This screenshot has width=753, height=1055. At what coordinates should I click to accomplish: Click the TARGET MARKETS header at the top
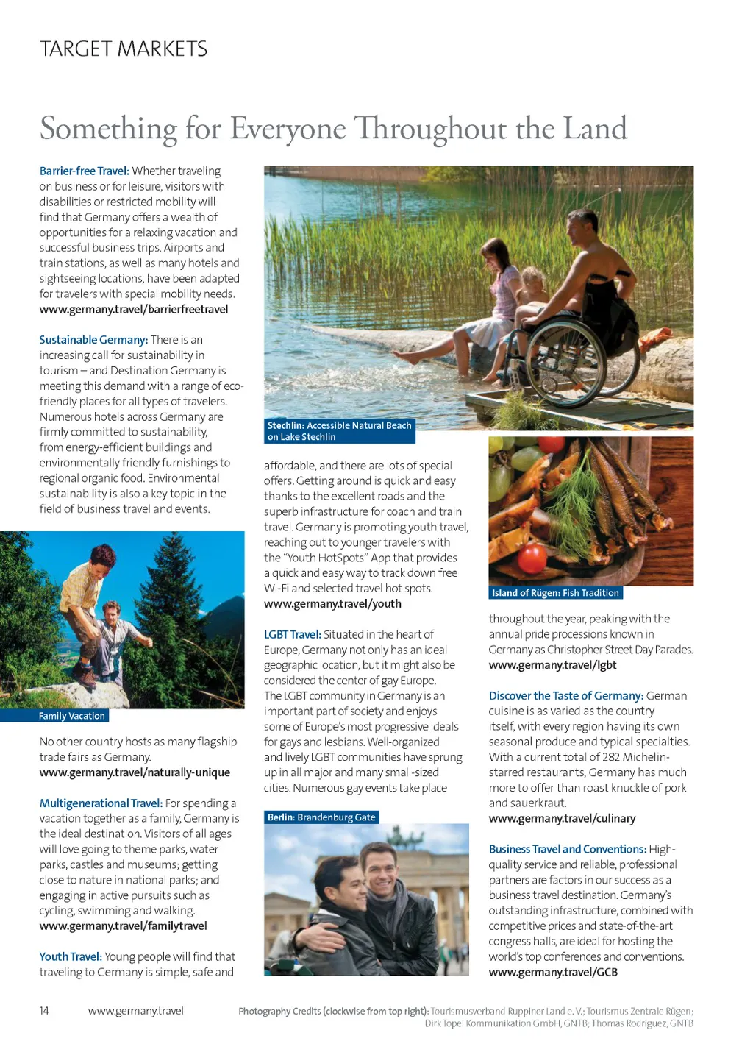[124, 49]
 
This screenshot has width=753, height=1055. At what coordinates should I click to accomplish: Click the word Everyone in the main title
[288, 129]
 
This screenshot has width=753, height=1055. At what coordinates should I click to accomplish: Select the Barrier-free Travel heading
[84, 171]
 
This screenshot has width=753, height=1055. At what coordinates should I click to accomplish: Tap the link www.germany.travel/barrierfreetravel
[134, 309]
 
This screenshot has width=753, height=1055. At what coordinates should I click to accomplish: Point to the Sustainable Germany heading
[93, 340]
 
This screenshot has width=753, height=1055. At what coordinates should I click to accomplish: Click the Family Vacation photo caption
[71, 716]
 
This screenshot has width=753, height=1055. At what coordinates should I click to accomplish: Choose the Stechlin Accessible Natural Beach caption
[339, 431]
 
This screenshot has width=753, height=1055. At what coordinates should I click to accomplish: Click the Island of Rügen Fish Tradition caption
[555, 593]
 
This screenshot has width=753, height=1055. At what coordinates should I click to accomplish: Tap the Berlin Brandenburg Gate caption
[321, 817]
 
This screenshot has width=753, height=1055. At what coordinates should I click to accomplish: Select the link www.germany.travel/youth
[332, 604]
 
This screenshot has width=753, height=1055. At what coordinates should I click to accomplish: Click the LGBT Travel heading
[292, 634]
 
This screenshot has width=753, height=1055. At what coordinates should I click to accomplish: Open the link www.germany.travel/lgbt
[552, 665]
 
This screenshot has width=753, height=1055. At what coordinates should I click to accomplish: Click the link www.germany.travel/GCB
[553, 972]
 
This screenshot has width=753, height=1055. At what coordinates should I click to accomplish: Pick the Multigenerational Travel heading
[101, 803]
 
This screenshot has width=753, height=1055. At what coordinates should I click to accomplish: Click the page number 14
[44, 1011]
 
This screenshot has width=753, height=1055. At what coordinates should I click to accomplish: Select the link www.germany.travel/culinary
[562, 818]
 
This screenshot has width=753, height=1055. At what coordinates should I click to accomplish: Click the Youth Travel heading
[71, 956]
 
